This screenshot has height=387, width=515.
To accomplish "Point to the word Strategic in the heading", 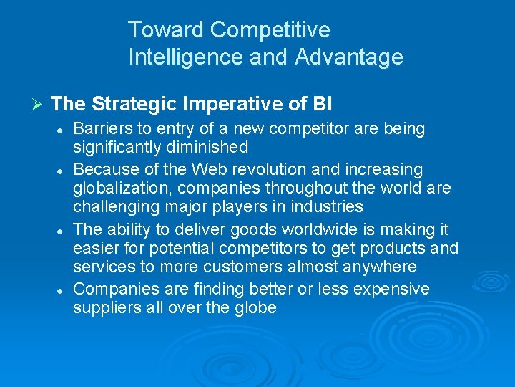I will pos(134,104).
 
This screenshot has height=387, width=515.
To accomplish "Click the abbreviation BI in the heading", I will pos(323,104).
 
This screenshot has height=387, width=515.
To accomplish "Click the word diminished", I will pos(211,148).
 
